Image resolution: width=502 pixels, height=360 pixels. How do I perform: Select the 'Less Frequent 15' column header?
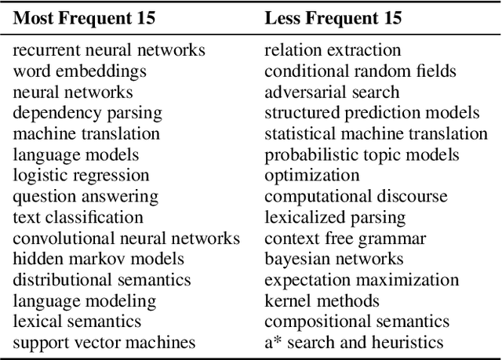[333, 18]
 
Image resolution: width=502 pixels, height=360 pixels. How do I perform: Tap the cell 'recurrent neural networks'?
[109, 50]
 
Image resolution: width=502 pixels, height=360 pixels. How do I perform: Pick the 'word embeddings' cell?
[79, 71]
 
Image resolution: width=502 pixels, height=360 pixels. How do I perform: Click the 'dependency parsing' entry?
[87, 113]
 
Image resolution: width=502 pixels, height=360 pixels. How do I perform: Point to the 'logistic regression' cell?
[81, 175]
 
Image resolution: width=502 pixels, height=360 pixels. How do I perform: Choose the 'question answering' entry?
[85, 196]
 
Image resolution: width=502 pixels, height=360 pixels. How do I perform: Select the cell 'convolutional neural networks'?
[126, 238]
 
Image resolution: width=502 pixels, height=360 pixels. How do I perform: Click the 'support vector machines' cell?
[104, 342]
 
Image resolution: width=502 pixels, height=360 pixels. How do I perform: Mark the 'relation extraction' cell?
[333, 50]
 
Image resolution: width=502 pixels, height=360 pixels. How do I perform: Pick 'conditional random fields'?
[360, 71]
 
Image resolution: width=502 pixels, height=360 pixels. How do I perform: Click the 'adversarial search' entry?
[332, 92]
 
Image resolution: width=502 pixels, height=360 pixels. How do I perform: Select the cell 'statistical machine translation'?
[376, 133]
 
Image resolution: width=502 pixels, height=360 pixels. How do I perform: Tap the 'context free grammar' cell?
[345, 238]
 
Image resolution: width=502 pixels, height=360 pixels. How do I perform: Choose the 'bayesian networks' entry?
[334, 259]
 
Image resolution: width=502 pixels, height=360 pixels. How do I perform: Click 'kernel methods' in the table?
[322, 300]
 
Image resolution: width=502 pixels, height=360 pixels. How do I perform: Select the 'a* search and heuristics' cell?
[354, 342]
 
